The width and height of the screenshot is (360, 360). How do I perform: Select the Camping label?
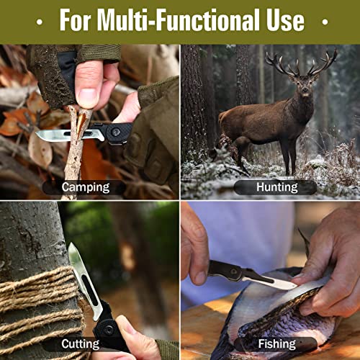pos(86,187)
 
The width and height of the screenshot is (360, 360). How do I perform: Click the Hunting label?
pos(276,187)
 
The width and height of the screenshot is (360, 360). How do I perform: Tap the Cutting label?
pos(81,344)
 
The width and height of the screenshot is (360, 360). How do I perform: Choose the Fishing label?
pos(276,343)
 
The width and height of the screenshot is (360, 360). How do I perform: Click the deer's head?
pos(304,85)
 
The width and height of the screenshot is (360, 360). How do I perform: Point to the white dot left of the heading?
pos(40,22)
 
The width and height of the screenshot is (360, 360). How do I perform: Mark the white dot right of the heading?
pos(325,22)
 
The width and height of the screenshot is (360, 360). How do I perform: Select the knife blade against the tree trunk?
pos(83,279)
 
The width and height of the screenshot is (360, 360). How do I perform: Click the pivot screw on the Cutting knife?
pos(109,330)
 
